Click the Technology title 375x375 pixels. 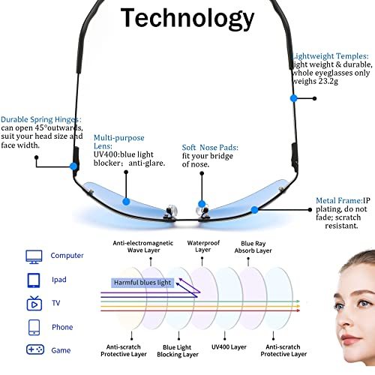coord(187,19)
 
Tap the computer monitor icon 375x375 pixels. coord(34,256)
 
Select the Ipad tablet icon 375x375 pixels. coord(34,280)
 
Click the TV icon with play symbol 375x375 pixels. coord(34,303)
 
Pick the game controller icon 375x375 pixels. coord(35,349)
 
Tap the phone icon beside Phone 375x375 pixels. coord(34,327)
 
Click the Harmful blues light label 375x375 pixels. coord(142,283)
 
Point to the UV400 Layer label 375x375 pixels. coord(229,347)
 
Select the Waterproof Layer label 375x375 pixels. coord(203,246)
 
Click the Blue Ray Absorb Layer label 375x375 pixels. coord(253,247)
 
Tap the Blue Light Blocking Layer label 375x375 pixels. coord(178,351)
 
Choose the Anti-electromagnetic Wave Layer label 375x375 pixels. coord(143,247)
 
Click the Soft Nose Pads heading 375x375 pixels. coord(210,148)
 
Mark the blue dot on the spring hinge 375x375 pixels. coord(73,166)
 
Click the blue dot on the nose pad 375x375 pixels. coord(202,204)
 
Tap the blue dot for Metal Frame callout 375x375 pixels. coord(254,210)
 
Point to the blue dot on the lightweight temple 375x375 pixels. coord(294,98)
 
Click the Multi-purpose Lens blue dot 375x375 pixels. coord(126,202)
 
